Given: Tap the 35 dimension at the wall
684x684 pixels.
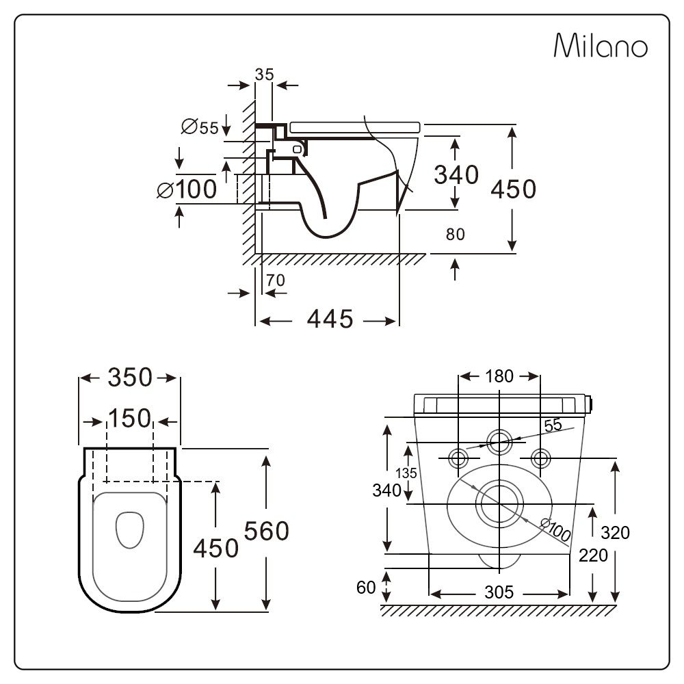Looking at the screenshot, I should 264,75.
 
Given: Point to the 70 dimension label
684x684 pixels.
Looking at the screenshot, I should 276,280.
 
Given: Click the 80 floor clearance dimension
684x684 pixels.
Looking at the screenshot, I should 456,235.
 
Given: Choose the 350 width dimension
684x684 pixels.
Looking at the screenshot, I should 130,378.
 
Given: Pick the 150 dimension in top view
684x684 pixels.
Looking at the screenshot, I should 130,418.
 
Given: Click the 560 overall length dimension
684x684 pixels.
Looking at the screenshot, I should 267,530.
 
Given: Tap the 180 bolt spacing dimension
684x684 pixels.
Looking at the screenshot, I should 499,376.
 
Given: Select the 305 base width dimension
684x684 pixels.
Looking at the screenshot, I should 499,592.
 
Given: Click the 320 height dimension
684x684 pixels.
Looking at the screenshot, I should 616,531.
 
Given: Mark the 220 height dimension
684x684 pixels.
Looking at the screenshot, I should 592,555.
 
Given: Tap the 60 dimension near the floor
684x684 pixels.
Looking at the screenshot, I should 367,587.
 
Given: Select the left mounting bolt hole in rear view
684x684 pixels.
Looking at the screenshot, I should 458,457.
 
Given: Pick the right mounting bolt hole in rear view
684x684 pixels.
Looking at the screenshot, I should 540,457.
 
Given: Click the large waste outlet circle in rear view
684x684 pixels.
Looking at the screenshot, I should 499,503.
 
